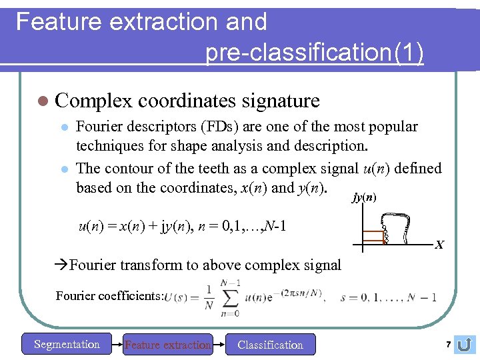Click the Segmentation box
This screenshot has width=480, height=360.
pos(67,344)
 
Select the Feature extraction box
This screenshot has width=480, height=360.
pos(168,345)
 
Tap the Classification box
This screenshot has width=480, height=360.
pos(270,345)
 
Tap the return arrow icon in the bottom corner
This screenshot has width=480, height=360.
pos(465,345)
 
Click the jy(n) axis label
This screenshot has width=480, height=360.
pos(363,199)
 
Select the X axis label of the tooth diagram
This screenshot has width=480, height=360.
pos(439,245)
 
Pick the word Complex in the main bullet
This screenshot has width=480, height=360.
pos(93,101)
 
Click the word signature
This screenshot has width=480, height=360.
pos(281,101)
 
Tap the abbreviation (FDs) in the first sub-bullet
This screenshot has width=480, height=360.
pos(209,127)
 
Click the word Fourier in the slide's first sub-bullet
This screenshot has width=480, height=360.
pos(99,127)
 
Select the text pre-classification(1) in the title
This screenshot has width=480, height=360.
pos(314,52)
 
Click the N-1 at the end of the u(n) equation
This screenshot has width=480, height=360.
pos(275,226)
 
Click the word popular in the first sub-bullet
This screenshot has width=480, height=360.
pos(394,127)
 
